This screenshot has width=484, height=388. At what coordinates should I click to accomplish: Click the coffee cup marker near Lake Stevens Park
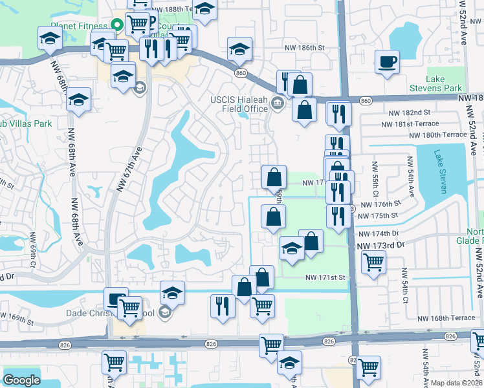point(387,62)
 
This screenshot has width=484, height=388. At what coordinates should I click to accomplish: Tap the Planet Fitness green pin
point(116,26)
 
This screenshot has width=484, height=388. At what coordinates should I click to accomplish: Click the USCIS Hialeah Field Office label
point(239,103)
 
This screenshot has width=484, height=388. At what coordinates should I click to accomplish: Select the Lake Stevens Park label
point(444,83)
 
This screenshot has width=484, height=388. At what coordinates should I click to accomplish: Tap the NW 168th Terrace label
point(446,318)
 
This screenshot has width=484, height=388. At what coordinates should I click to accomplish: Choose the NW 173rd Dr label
point(380,245)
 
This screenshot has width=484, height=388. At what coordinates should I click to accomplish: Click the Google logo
point(21,380)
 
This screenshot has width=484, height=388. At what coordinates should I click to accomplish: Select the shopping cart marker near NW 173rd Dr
point(373,262)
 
